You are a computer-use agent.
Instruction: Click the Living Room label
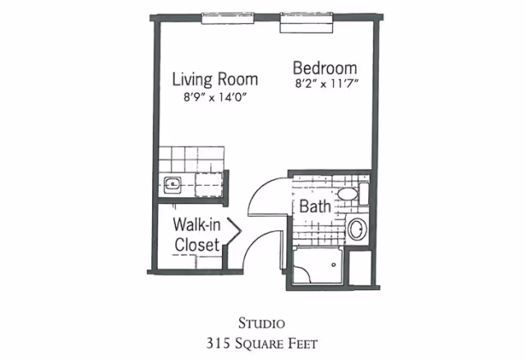tap(215, 79)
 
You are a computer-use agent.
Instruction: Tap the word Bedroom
tap(325, 68)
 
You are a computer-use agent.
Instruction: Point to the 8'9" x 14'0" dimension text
tap(215, 97)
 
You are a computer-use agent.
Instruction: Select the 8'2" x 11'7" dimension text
tap(327, 84)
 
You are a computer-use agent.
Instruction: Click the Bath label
tap(315, 206)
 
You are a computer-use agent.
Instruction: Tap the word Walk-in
tap(196, 224)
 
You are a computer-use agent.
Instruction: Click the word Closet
tap(197, 245)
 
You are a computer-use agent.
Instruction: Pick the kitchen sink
tap(173, 185)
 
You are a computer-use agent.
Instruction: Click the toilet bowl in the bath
tap(347, 194)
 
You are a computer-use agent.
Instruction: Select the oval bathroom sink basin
tap(357, 228)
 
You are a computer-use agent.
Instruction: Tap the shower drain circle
tap(334, 265)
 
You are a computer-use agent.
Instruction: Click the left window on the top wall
tap(228, 18)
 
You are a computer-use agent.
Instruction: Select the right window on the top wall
tap(307, 23)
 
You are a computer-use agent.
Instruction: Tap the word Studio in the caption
tap(261, 324)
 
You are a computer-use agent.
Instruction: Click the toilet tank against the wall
tap(363, 194)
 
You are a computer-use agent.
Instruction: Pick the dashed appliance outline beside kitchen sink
tap(209, 185)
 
